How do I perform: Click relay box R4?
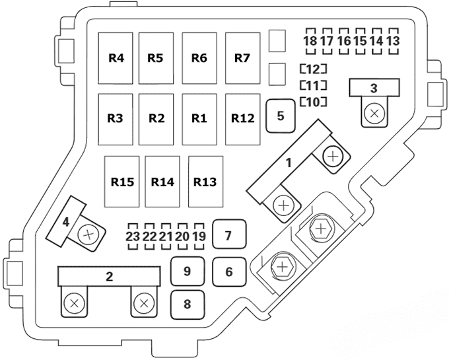coord(117,58)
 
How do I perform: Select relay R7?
coord(242,58)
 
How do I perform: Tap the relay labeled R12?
coord(242,119)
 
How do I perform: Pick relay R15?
coord(123,180)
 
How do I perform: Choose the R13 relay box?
coord(205,180)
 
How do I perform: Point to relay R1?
coord(199,119)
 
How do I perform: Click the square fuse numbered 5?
coord(281,116)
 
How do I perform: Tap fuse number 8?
coord(187,305)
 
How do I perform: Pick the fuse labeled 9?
coord(187,271)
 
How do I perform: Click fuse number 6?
coord(228,271)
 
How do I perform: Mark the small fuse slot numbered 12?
coord(314,69)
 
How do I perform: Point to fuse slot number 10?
coord(314,102)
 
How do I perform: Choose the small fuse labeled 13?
coord(393,41)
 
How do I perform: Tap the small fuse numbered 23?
coord(132,236)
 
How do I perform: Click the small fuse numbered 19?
coord(199,236)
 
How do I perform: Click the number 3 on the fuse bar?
coord(374,88)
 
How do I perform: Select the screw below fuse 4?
coord(88,233)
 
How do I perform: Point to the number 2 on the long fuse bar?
coord(109,277)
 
